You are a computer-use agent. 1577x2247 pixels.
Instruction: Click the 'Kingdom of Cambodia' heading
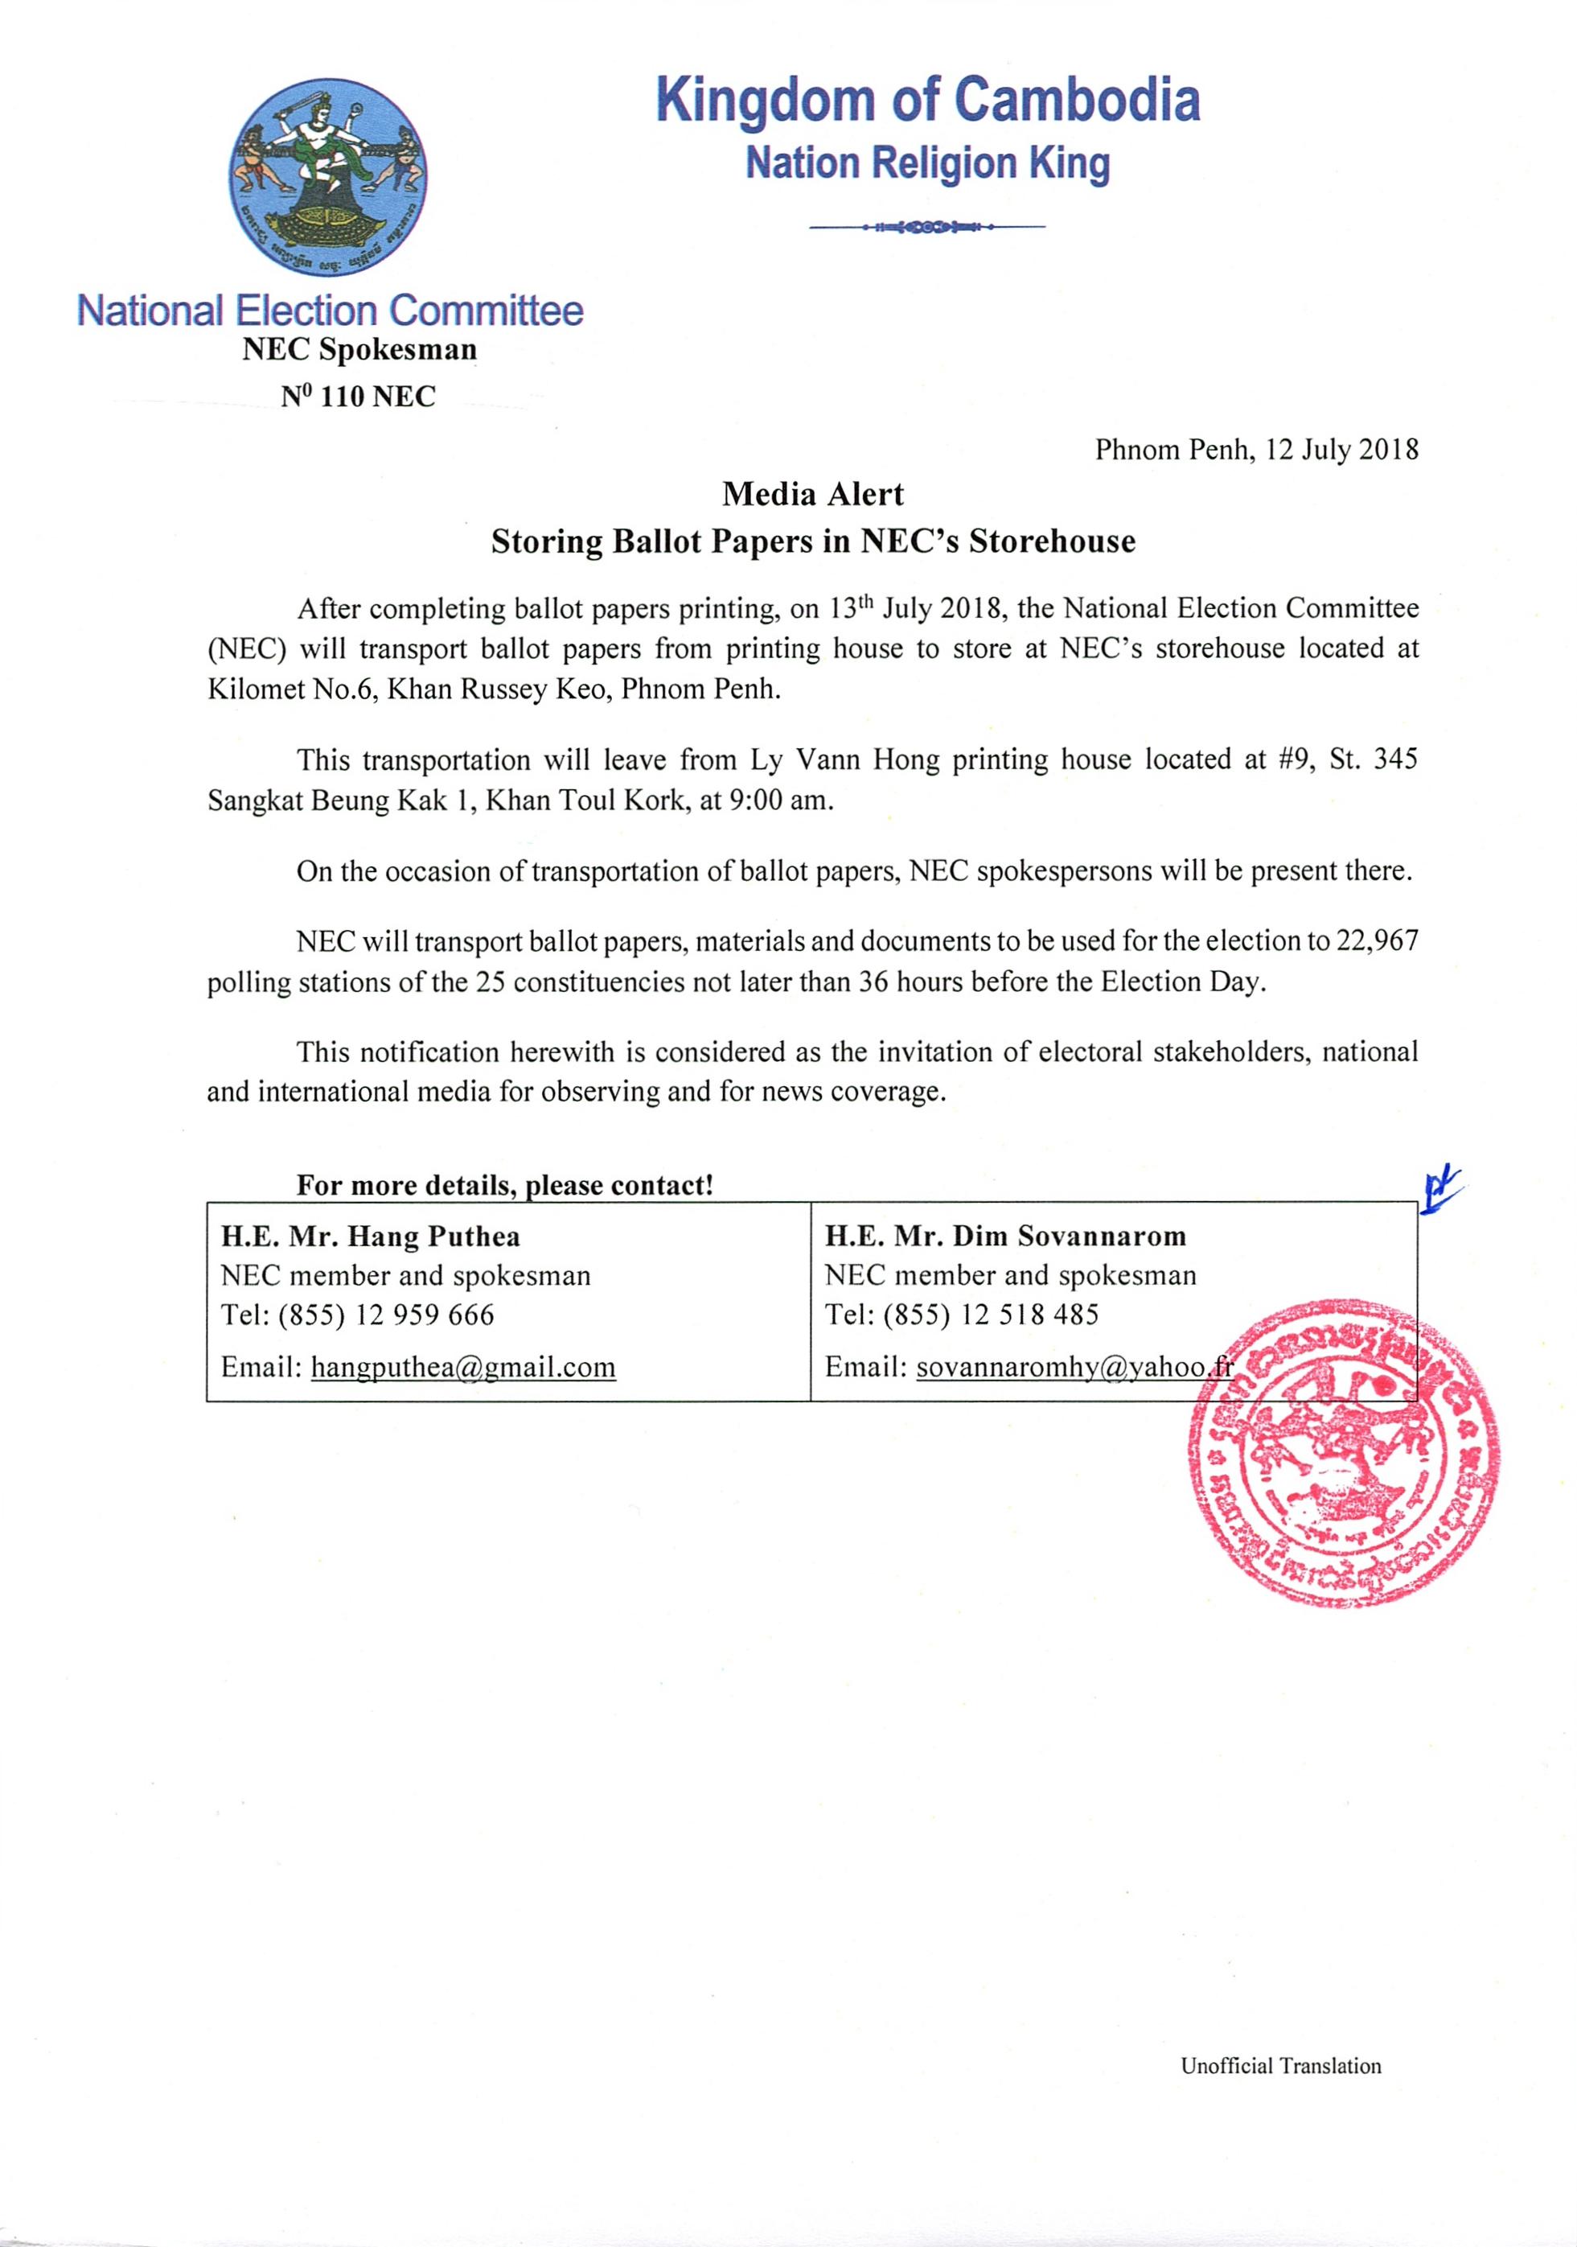pos(927,101)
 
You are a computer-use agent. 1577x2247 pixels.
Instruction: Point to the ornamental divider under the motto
pos(927,227)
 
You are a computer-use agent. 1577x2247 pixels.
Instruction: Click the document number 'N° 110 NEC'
pos(358,397)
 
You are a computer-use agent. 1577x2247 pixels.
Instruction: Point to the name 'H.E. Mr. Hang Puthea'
pos(371,1237)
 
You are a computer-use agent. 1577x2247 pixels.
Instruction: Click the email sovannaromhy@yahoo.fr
pos(1075,1367)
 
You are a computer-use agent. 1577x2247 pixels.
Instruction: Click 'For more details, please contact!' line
pos(505,1185)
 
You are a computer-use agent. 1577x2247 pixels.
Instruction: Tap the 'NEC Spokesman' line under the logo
pos(359,349)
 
